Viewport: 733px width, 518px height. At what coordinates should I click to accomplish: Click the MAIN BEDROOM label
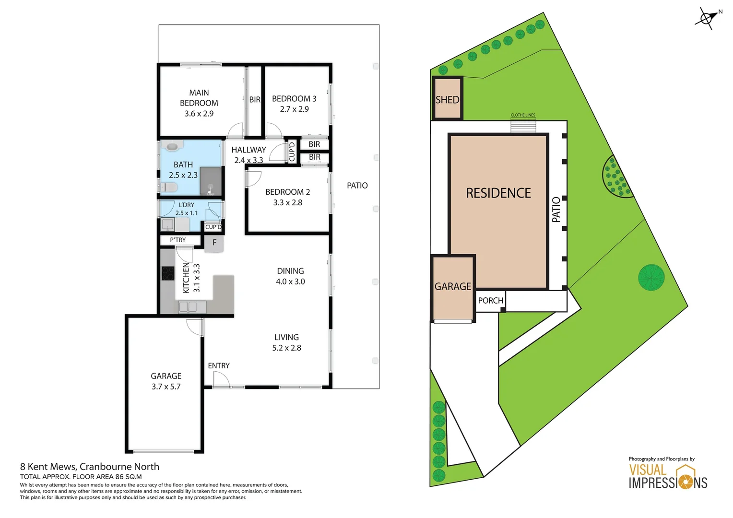click(199, 98)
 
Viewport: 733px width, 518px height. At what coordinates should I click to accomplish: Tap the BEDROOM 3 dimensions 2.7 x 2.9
click(294, 109)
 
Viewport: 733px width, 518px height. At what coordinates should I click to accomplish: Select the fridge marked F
click(214, 243)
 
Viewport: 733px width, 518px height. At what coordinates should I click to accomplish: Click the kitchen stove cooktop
click(168, 273)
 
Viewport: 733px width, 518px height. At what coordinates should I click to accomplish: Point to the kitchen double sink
click(192, 306)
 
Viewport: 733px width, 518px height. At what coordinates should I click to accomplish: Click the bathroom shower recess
click(211, 181)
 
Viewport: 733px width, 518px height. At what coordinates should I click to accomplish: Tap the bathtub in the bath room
click(172, 146)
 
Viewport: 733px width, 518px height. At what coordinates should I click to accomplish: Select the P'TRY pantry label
click(177, 240)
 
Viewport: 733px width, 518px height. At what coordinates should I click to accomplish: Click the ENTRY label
click(219, 365)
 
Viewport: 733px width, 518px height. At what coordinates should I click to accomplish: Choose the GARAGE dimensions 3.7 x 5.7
click(166, 387)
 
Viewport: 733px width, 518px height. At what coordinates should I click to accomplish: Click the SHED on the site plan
click(447, 99)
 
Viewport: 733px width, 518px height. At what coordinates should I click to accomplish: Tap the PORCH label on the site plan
click(490, 301)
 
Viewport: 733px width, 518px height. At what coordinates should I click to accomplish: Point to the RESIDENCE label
click(498, 193)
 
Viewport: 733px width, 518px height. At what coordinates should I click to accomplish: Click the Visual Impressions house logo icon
click(686, 476)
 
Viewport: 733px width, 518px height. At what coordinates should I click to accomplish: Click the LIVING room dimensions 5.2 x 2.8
click(286, 348)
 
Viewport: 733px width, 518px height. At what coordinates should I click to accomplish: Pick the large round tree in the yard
click(651, 277)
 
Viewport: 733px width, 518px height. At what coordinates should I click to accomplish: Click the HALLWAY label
click(248, 150)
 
